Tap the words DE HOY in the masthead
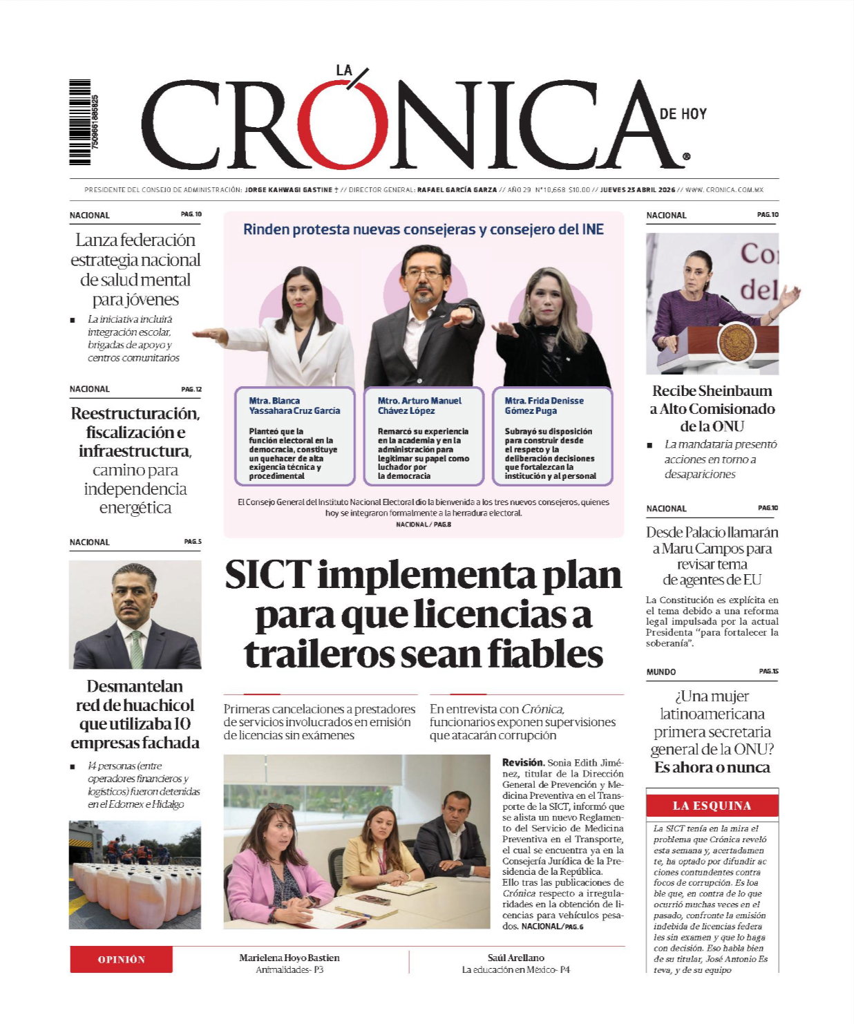[683, 114]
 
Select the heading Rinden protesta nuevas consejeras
[423, 229]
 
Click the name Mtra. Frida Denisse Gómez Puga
[544, 406]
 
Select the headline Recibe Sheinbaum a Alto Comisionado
[712, 408]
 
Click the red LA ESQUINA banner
[712, 806]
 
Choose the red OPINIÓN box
[121, 960]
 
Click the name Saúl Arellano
[515, 958]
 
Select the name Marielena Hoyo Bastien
[289, 958]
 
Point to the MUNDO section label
[661, 672]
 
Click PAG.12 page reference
[191, 389]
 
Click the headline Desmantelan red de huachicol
[135, 714]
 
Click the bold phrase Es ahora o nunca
[712, 768]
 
